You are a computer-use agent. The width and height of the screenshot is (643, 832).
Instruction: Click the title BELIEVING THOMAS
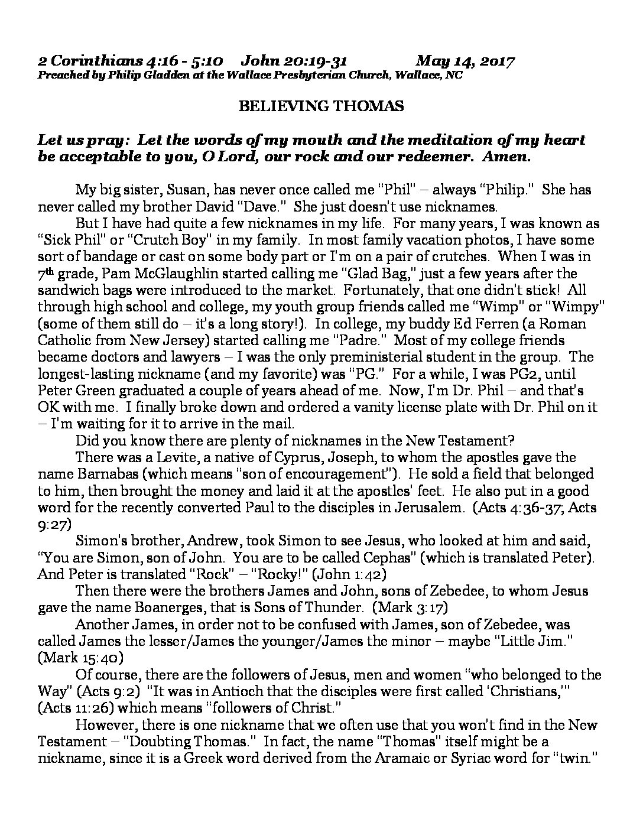[x=321, y=106]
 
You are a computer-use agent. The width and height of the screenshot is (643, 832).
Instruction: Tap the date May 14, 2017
[x=465, y=61]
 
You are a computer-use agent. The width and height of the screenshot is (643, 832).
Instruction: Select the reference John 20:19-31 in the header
[x=294, y=61]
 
